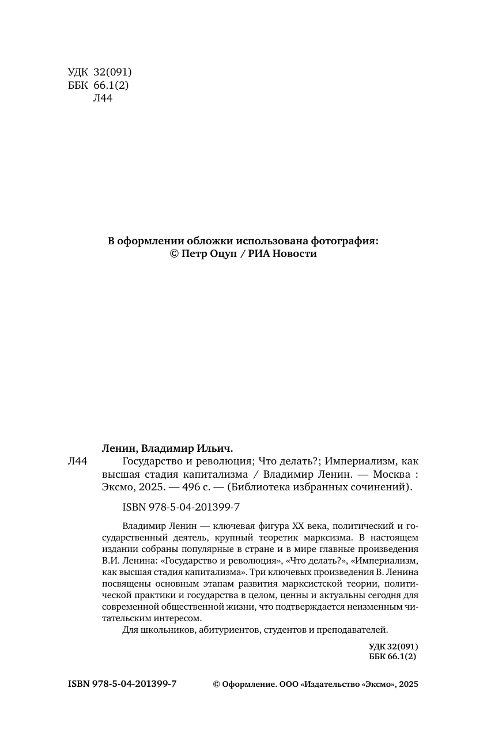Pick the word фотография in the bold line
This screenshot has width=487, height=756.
(x=345, y=241)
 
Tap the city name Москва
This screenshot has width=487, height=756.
(x=393, y=474)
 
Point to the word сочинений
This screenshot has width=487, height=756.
(x=386, y=487)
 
